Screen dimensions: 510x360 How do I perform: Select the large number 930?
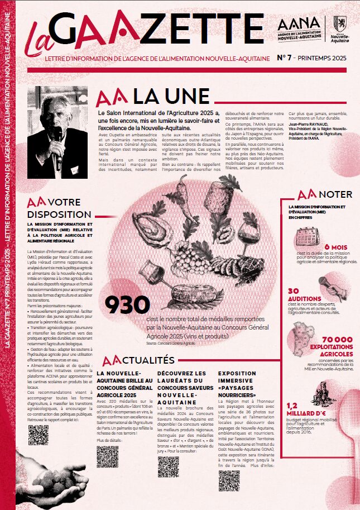[x=127, y=305]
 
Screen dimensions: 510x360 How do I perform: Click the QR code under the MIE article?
[x=39, y=435]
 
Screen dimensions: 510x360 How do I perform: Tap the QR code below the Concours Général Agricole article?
[x=107, y=456]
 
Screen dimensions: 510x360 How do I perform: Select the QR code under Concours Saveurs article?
[x=168, y=466]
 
